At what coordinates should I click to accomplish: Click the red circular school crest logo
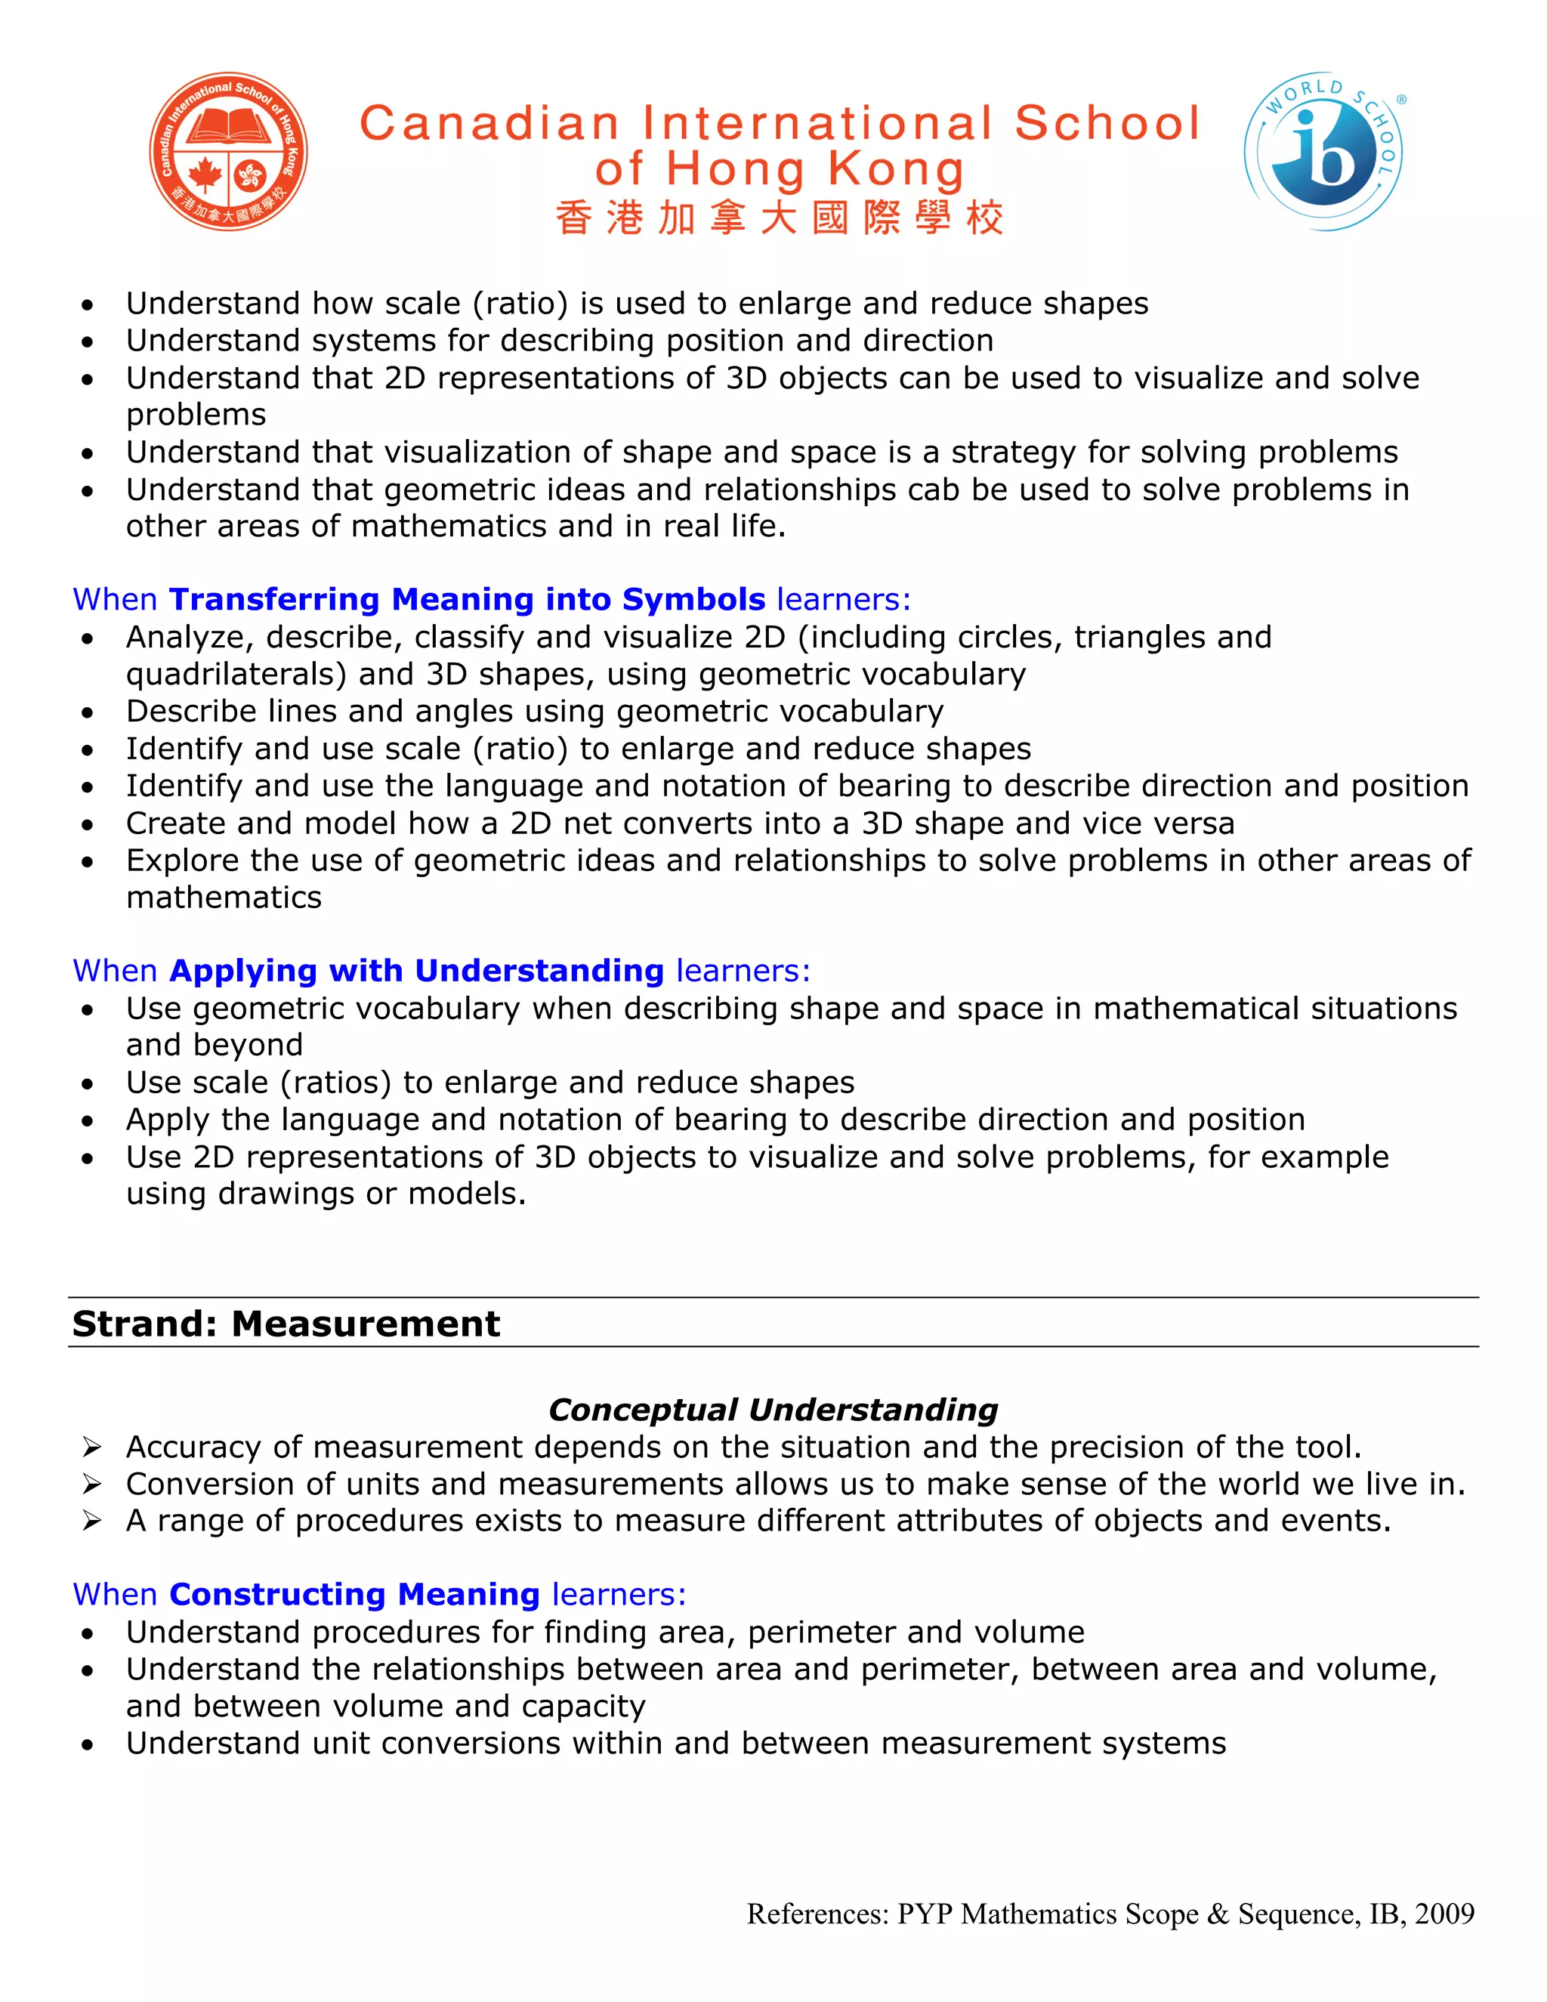coord(228,151)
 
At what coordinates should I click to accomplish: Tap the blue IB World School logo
coord(1323,151)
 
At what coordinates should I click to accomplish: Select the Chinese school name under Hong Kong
coord(779,219)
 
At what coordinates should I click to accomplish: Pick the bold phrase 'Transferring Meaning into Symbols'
coord(467,600)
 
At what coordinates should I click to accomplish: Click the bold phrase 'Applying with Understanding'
coord(416,971)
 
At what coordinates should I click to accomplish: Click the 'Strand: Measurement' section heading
coord(286,1324)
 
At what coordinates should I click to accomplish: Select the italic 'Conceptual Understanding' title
coord(773,1409)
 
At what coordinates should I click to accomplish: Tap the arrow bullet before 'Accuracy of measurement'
coord(91,1447)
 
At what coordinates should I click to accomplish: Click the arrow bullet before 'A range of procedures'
coord(91,1522)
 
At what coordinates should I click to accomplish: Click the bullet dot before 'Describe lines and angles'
coord(87,712)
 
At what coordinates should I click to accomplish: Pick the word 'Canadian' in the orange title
coord(489,124)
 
